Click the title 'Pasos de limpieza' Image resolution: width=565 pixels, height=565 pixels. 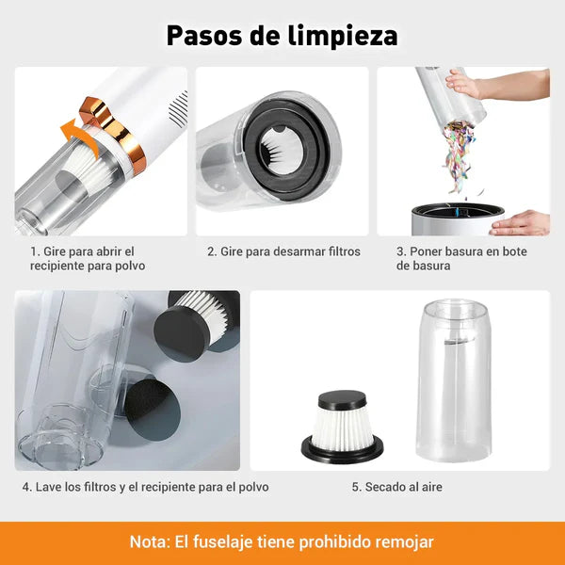click(282, 35)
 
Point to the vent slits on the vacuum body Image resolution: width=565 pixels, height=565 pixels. click(177, 109)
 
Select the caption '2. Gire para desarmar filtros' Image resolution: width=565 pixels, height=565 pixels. click(283, 251)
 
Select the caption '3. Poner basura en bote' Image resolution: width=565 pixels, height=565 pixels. click(460, 258)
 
